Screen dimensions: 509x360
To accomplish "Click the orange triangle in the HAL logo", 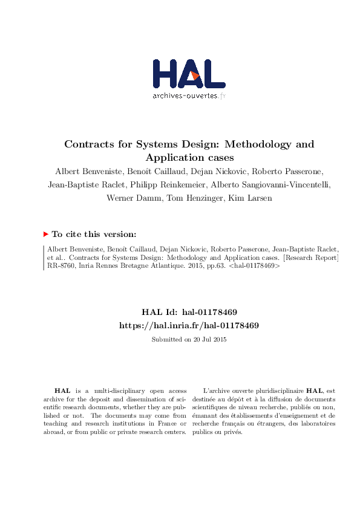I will (195, 75).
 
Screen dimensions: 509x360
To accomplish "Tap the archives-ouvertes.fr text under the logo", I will (189, 96).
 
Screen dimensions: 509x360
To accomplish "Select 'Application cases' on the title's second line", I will (189, 157).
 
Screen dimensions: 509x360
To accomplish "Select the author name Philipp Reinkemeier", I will (177, 184).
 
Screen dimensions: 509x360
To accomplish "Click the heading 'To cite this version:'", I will (94, 234).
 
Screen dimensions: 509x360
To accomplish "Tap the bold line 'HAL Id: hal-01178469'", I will (189, 312).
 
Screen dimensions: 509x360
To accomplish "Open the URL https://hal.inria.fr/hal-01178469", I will (189, 325).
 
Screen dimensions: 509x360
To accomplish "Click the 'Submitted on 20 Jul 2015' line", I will (189, 339).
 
